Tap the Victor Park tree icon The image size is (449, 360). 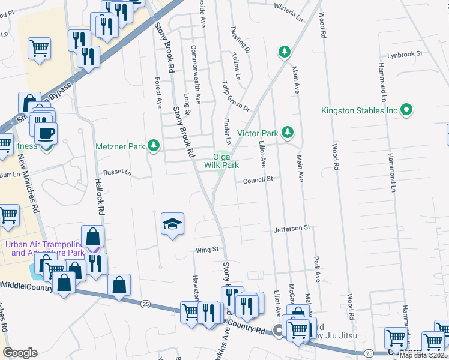pyautogui.click(x=288, y=132)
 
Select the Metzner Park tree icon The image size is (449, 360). pyautogui.click(x=154, y=145)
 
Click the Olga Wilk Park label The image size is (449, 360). pyautogui.click(x=221, y=161)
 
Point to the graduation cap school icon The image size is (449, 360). pyautogui.click(x=172, y=224)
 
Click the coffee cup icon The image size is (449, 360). pyautogui.click(x=46, y=133)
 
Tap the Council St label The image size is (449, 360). pyautogui.click(x=258, y=179)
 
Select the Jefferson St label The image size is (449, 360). pyautogui.click(x=292, y=228)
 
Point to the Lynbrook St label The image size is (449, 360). pyautogui.click(x=405, y=53)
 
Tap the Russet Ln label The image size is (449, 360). pyautogui.click(x=117, y=172)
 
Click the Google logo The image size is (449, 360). pyautogui.click(x=20, y=353)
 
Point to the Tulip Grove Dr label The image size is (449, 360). pyautogui.click(x=235, y=95)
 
